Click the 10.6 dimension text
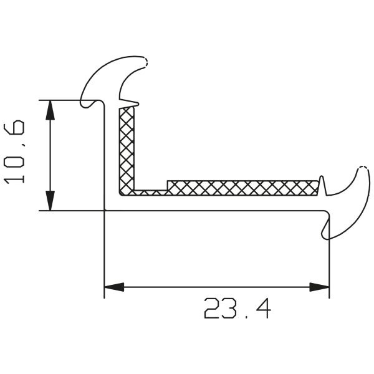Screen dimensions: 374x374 coord(14,152)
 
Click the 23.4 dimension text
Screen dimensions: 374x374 coord(237,308)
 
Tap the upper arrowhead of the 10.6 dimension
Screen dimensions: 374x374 coord(50,110)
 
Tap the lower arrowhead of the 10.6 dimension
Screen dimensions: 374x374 coord(50,201)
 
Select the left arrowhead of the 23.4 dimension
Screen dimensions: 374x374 coord(114,287)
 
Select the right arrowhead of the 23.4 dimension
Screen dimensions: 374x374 coord(319,287)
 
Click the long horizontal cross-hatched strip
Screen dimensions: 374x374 coord(243,188)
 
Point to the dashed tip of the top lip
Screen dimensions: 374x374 coord(145,62)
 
